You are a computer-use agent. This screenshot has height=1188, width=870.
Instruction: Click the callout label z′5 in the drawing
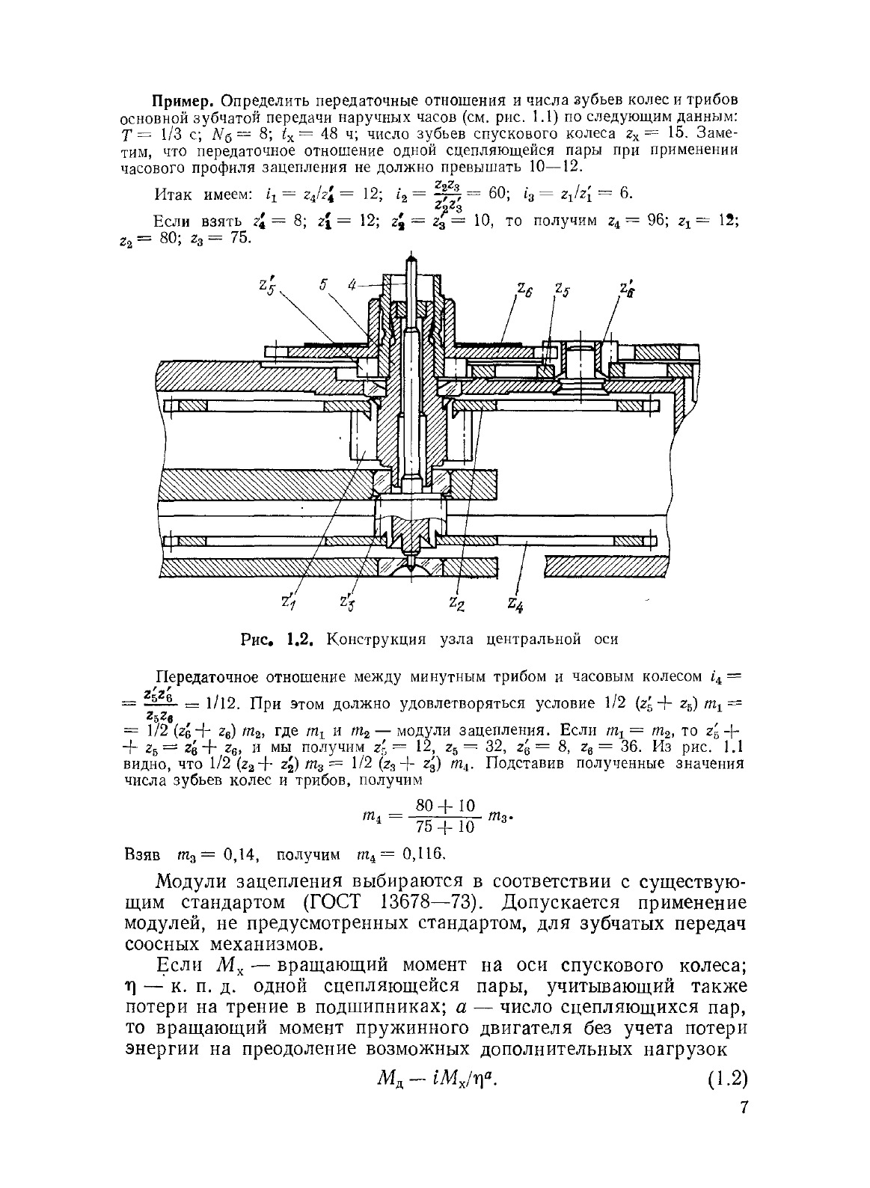click(266, 286)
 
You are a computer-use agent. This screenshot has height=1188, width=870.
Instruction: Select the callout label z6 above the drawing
click(523, 288)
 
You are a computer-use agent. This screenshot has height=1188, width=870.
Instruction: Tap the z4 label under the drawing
click(515, 602)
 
